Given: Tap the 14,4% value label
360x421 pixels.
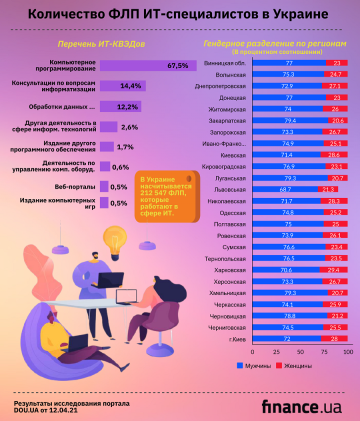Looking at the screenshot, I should click(x=130, y=86).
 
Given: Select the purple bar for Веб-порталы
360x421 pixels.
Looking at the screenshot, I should click(x=104, y=186).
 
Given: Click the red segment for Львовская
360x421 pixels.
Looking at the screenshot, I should click(x=328, y=189).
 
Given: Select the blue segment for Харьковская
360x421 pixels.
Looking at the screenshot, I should click(x=285, y=270).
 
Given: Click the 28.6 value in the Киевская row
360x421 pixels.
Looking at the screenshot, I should click(x=334, y=155).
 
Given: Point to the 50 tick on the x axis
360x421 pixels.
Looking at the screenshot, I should click(x=300, y=352).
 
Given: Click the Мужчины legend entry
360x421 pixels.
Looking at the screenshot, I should click(x=253, y=366).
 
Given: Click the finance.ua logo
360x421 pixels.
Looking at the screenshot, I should click(x=301, y=406).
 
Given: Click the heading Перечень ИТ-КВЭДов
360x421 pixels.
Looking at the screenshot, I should click(x=101, y=44).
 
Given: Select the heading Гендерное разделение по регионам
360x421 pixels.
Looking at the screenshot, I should click(x=274, y=43).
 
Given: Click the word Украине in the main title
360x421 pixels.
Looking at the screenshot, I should click(x=301, y=14).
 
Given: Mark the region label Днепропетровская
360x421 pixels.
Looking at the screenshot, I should click(x=220, y=86).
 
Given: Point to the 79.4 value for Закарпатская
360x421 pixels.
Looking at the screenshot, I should click(x=289, y=120).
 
